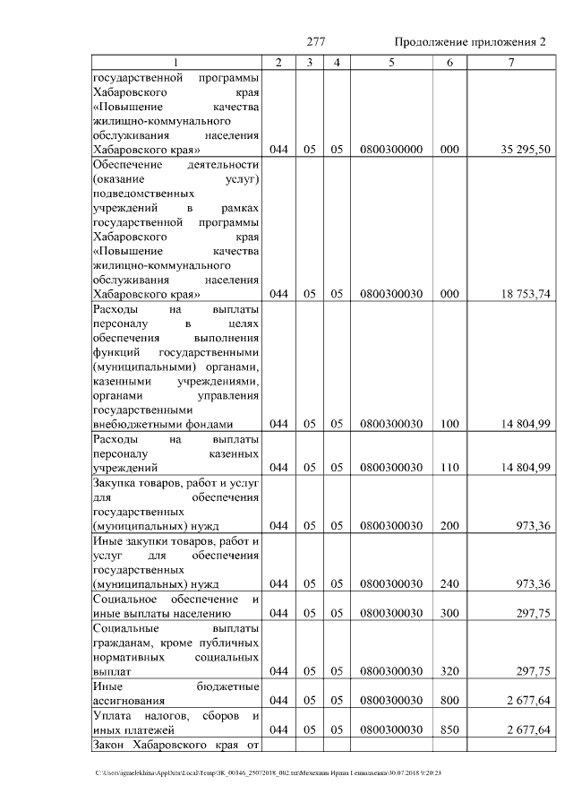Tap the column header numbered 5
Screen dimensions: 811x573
[x=391, y=62]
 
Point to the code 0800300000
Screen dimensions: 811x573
[x=391, y=149]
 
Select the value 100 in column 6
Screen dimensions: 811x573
[x=449, y=424]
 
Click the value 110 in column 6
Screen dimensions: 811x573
[x=449, y=467]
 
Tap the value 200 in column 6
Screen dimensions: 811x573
[x=449, y=525]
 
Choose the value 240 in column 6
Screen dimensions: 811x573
[x=449, y=583]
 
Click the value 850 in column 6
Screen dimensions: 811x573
[x=449, y=729]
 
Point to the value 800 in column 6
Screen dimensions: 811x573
[x=449, y=700]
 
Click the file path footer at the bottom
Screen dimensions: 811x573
[x=269, y=772]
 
